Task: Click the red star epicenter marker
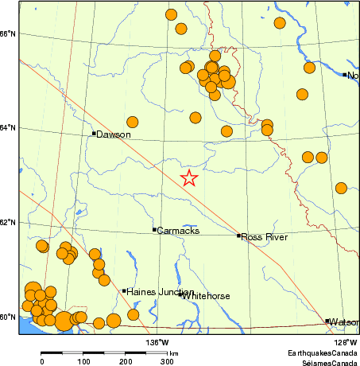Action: (188, 177)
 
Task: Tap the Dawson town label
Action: (113, 134)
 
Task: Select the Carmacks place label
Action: (178, 231)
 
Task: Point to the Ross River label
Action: (264, 236)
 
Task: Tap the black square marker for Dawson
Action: (94, 134)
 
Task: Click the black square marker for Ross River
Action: (238, 236)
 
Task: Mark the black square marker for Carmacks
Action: (154, 230)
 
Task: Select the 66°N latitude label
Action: (8, 33)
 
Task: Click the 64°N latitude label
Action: (8, 127)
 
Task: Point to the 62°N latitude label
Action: (8, 222)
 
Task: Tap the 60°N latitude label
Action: (8, 317)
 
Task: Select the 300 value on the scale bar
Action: (167, 362)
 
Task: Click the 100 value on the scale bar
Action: (83, 362)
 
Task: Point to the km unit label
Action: (173, 353)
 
